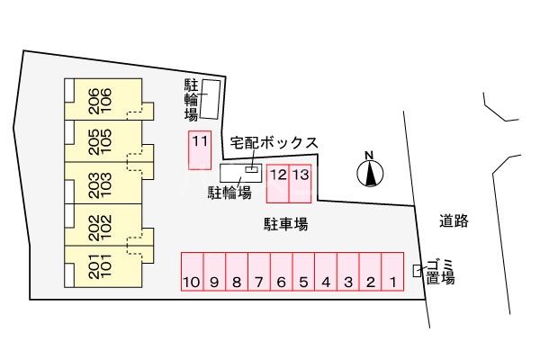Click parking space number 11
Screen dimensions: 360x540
coord(199,150)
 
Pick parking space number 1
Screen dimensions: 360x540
coord(392,271)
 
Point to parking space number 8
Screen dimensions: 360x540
coord(236,271)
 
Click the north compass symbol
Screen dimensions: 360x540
coord(369,170)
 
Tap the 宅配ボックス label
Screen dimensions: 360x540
coord(274,143)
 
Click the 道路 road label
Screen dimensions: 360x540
coord(455,220)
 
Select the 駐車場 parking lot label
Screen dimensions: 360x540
coord(286,222)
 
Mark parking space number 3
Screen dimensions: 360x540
coord(347,271)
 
